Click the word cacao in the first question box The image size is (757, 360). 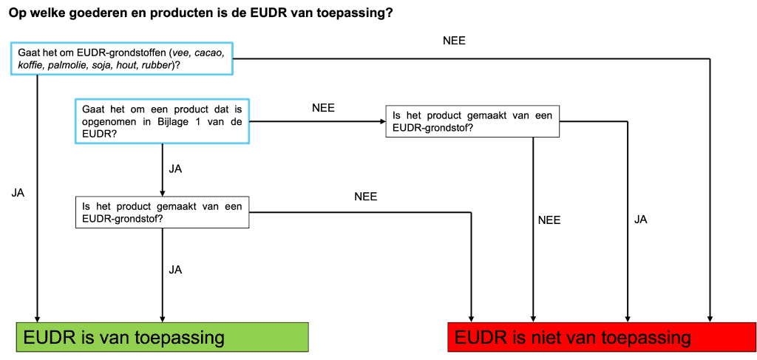pyautogui.click(x=208, y=52)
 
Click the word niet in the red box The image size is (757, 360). pyautogui.click(x=546, y=337)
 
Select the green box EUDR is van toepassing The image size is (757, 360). pyautogui.click(x=163, y=337)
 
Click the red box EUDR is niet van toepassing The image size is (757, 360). pyautogui.click(x=597, y=337)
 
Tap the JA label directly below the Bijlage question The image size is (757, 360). pyautogui.click(x=175, y=170)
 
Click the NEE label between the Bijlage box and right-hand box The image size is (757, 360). pyautogui.click(x=323, y=108)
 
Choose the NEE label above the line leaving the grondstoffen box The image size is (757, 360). pyautogui.click(x=455, y=41)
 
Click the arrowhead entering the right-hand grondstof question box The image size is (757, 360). pyautogui.click(x=382, y=122)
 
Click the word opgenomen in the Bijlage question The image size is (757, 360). pyautogui.click(x=105, y=122)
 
